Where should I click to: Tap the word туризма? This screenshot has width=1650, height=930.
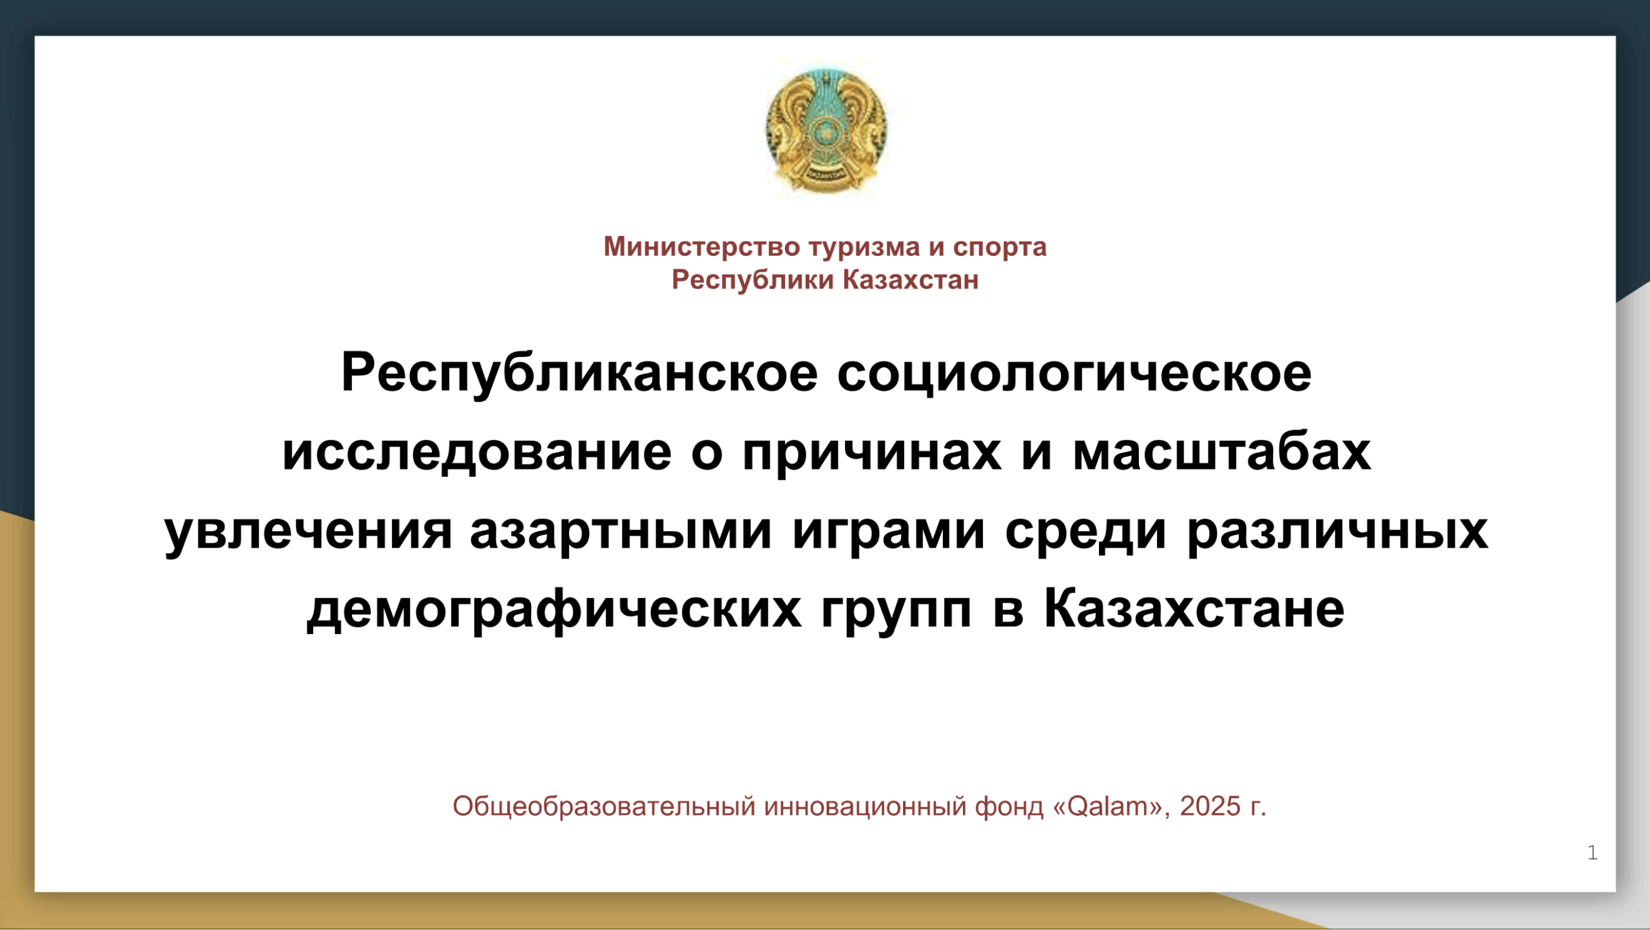(x=864, y=247)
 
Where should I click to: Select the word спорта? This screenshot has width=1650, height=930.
(x=1000, y=247)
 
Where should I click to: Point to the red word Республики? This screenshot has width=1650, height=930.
(x=753, y=280)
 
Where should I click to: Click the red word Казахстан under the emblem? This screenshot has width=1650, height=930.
(x=911, y=280)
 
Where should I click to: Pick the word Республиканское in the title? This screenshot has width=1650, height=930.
(x=579, y=374)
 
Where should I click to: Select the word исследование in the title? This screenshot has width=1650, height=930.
(x=477, y=452)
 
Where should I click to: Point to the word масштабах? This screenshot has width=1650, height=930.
(x=1222, y=452)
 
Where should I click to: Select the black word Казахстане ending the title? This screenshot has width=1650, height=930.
(x=1194, y=608)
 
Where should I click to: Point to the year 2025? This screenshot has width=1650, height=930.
(x=1210, y=806)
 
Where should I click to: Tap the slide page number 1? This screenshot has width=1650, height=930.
(x=1593, y=853)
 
